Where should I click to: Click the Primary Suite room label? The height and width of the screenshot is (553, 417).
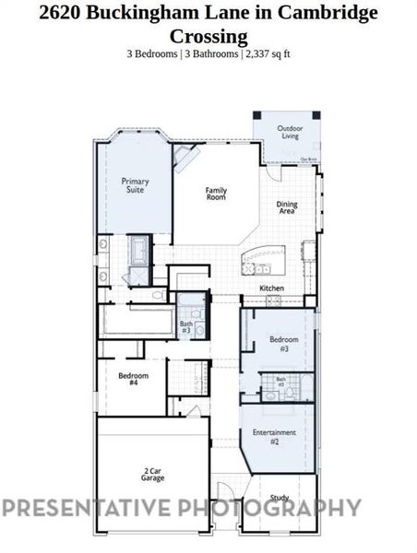click(x=136, y=185)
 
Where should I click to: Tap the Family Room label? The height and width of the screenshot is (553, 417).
click(x=216, y=194)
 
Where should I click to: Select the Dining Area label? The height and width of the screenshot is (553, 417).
click(x=287, y=208)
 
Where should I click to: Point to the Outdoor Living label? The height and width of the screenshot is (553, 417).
click(x=292, y=134)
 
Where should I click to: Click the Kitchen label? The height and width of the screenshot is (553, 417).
click(x=271, y=288)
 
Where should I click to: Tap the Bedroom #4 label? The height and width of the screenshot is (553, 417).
click(x=128, y=378)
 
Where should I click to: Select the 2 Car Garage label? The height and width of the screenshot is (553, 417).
click(x=153, y=475)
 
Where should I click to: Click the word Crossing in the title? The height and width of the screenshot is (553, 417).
click(x=208, y=36)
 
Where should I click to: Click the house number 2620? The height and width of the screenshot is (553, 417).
click(x=58, y=14)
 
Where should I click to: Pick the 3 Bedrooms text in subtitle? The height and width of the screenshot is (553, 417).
click(x=152, y=53)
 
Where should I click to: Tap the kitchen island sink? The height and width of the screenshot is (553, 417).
click(x=262, y=269)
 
